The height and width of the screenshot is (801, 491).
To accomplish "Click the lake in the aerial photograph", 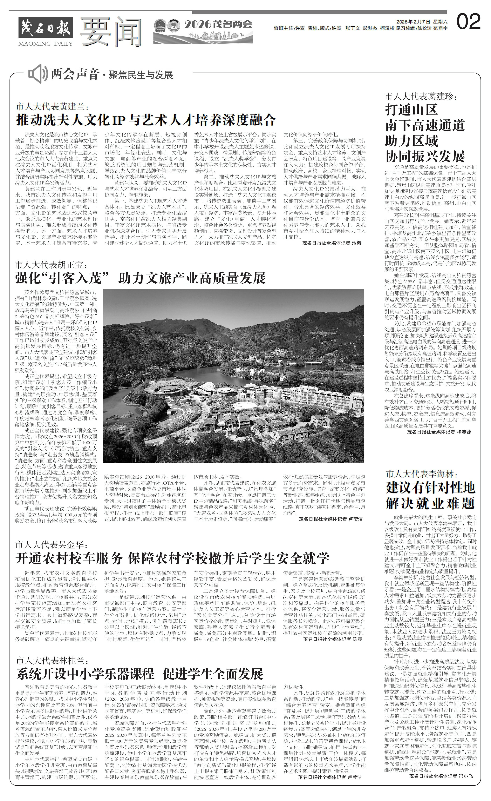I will click(182, 377).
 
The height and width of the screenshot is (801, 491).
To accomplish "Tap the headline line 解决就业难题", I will click(431, 504).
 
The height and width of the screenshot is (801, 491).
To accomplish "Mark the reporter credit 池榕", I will click(356, 243).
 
